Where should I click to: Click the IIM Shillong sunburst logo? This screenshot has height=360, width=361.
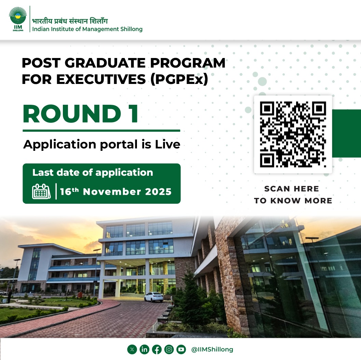point(18,19)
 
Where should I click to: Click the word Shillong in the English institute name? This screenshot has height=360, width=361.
point(131,29)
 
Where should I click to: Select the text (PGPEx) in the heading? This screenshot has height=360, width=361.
point(179,79)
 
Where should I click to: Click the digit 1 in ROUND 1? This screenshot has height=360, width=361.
point(134,114)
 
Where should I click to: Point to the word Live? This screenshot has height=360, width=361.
point(168,144)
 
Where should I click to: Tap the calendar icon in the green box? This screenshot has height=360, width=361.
point(41,191)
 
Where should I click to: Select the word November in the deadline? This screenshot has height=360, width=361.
point(112,192)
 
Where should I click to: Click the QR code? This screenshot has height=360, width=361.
point(293,134)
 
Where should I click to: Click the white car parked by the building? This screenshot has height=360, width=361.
point(154,297)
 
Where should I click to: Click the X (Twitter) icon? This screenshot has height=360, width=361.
point(132,349)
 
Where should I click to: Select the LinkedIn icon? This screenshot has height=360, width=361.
point(144,349)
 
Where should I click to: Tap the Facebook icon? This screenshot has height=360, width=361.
point(156,349)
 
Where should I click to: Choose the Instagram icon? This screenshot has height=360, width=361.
point(169,349)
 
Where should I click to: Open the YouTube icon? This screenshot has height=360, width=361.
point(181,349)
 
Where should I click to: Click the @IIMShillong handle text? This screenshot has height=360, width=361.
point(212,349)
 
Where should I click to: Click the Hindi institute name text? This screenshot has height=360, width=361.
point(70,21)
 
